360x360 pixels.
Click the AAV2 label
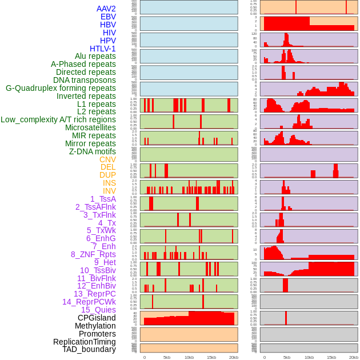point(106,9)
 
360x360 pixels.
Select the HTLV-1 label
point(102,49)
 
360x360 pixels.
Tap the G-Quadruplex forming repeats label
point(61,88)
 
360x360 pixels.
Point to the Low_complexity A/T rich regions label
point(58,119)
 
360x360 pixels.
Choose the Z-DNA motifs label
point(92,151)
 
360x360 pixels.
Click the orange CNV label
point(107,159)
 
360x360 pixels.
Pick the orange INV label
point(109,191)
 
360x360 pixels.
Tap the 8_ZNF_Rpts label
point(93,254)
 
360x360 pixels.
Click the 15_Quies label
point(98,310)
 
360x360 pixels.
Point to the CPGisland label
point(97,318)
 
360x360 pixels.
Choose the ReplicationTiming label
point(84,342)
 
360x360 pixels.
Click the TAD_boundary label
point(89,349)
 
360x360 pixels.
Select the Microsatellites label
point(90,127)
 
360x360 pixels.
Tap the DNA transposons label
point(85,80)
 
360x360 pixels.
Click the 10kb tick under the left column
point(189,357)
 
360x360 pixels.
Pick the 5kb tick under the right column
point(287,357)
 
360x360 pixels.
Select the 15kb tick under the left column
point(211,357)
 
